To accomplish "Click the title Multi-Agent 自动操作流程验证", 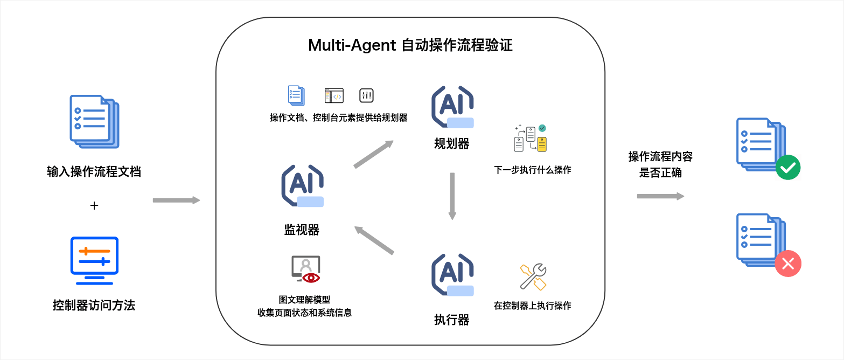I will click(410, 45).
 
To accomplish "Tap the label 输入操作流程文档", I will click(94, 172).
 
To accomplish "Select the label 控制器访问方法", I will click(94, 306).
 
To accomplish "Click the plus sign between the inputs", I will click(94, 205).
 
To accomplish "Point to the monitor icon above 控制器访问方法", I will click(94, 260).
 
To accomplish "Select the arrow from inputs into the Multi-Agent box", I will click(176, 200).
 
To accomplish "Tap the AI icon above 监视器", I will click(302, 186).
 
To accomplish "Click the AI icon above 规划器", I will click(452, 107).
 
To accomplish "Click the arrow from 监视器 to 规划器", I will click(373, 154).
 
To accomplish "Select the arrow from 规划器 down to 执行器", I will click(452, 196).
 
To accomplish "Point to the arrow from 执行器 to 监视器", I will click(374, 240).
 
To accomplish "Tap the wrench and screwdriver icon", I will click(533, 277).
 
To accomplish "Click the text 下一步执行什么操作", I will click(532, 170).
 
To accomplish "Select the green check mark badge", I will click(788, 168).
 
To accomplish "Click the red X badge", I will click(788, 264).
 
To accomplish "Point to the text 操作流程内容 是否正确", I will click(660, 164).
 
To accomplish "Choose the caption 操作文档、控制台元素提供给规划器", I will click(338, 117).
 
